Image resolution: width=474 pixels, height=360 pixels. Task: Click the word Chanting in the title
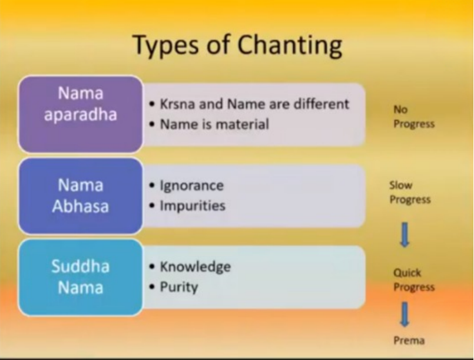[x=290, y=45]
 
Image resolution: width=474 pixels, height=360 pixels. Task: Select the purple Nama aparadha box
[x=81, y=114]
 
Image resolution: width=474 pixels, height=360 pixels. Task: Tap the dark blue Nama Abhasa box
[x=81, y=196]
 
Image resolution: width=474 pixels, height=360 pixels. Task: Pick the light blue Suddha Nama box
[x=81, y=278]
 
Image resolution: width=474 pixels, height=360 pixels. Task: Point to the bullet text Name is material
[x=214, y=124]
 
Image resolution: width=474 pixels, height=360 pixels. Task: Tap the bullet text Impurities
[x=193, y=206]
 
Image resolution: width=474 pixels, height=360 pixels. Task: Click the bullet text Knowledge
[x=195, y=267]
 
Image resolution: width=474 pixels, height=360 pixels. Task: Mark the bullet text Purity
[x=179, y=288]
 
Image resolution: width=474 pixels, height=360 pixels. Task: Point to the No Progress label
[x=414, y=117]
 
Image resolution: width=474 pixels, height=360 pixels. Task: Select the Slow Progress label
[x=410, y=193]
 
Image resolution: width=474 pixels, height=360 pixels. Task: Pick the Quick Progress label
[x=414, y=280]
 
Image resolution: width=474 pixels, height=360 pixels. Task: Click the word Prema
[x=409, y=341]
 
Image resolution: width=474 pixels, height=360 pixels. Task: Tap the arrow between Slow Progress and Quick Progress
[x=405, y=235]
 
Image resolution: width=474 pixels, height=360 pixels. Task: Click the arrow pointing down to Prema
[x=405, y=314]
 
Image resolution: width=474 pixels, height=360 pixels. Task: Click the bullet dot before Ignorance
[x=152, y=186]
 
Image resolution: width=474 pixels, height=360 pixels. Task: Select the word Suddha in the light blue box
[x=81, y=266]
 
